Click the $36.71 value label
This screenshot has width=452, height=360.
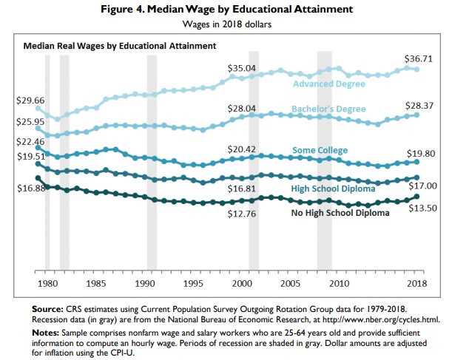[418, 58]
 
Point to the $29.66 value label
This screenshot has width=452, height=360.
[30, 101]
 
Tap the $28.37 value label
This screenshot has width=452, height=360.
[419, 106]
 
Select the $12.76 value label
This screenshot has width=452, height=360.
[242, 214]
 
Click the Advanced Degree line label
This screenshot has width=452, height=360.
[329, 84]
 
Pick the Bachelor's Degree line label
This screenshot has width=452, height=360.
[328, 109]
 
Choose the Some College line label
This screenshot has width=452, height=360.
[320, 150]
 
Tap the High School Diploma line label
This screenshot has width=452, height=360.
[333, 189]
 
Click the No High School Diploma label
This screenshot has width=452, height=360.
[340, 213]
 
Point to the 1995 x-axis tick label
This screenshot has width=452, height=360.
[193, 284]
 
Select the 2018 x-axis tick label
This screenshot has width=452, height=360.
[416, 284]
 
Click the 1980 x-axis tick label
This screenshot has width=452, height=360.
[47, 284]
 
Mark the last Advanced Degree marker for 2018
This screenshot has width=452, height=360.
[416, 69]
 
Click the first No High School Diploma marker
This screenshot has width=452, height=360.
[38, 178]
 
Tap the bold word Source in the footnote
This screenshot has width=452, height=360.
[47, 309]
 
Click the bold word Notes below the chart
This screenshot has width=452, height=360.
[45, 333]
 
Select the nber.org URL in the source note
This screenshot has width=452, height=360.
[381, 319]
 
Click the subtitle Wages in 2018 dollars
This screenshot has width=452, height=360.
[227, 24]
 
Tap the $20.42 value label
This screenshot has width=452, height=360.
[242, 149]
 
